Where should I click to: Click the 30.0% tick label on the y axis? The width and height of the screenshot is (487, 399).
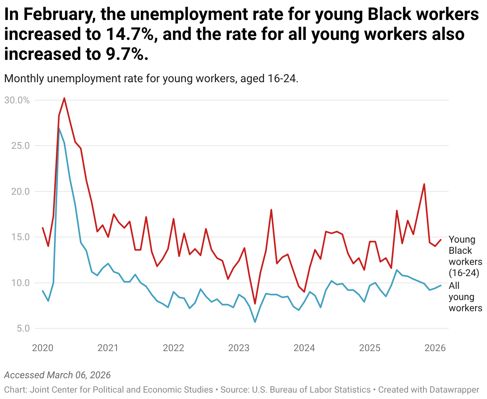[17, 101]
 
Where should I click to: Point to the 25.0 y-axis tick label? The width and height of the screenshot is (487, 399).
[20, 146]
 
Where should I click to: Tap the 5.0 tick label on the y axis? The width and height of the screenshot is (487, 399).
[23, 328]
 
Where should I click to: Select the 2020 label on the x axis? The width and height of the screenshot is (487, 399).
[43, 348]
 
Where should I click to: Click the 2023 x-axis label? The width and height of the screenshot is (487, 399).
[239, 348]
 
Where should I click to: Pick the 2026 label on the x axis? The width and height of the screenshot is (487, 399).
[435, 348]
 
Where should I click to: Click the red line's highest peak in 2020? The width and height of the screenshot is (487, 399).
[64, 98]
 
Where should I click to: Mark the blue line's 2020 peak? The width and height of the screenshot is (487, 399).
[59, 128]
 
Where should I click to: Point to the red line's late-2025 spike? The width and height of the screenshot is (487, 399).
[424, 184]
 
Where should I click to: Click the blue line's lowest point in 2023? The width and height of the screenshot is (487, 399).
[255, 322]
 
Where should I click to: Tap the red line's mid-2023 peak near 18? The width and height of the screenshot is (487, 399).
[271, 210]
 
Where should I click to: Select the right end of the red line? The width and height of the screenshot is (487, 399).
[441, 240]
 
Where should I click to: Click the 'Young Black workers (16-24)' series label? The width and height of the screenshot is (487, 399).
[465, 256]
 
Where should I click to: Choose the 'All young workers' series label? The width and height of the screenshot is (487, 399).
[465, 297]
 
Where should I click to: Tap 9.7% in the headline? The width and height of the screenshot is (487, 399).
[127, 54]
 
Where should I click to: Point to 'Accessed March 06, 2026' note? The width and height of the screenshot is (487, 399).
[57, 375]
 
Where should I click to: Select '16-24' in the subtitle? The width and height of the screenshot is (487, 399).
[282, 79]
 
